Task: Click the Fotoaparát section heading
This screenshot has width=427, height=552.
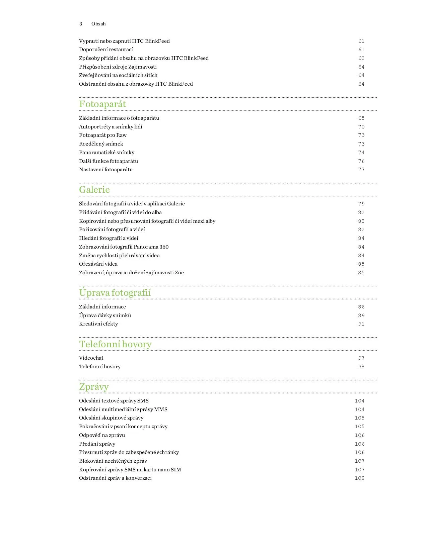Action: click(102, 104)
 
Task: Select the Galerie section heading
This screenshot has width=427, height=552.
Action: click(94, 190)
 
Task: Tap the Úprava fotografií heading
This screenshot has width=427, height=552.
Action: click(115, 293)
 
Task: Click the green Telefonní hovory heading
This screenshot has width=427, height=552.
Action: click(115, 344)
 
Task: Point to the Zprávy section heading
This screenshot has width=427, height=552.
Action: click(94, 387)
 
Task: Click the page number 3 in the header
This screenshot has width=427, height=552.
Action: click(81, 24)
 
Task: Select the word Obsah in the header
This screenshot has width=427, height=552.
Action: click(98, 24)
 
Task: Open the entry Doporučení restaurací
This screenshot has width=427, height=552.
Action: click(106, 50)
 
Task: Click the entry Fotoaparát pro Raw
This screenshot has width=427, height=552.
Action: click(103, 135)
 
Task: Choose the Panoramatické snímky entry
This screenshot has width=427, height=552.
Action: click(106, 153)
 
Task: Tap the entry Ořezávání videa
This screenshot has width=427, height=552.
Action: click(98, 264)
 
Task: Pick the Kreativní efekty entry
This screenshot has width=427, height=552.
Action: click(98, 324)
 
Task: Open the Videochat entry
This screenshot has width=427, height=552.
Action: click(91, 358)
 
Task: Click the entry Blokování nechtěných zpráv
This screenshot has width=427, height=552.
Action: click(113, 461)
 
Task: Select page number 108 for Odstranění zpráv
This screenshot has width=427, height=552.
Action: click(359, 478)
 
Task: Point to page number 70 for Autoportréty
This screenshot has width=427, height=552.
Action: click(361, 127)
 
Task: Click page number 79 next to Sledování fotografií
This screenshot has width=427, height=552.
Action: click(361, 204)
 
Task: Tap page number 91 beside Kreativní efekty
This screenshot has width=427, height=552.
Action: click(361, 324)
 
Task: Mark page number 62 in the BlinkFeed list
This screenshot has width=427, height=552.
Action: click(361, 58)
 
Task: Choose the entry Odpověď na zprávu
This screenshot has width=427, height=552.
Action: click(102, 435)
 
